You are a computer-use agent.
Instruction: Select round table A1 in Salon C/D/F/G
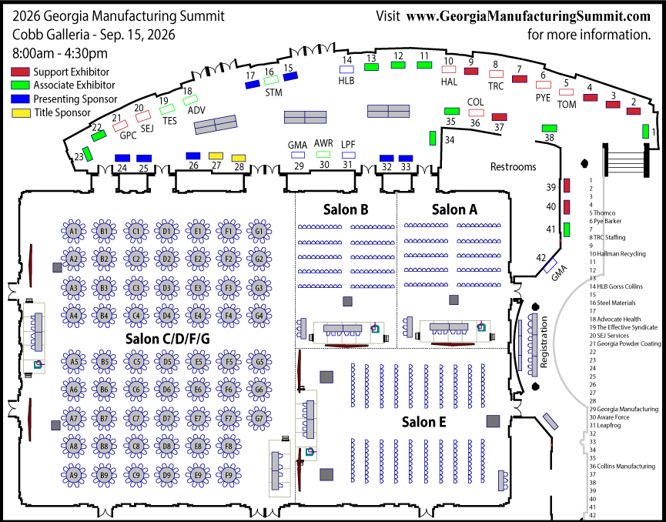click(74, 230)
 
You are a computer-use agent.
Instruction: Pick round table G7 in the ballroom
click(259, 419)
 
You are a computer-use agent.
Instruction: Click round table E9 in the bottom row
click(198, 475)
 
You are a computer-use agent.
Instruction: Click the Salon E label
click(424, 421)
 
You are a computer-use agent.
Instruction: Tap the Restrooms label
click(513, 166)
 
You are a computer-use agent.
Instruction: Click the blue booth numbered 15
click(289, 76)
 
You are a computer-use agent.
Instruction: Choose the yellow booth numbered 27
click(216, 156)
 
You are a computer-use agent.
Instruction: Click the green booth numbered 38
click(549, 128)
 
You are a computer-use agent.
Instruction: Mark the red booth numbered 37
click(500, 117)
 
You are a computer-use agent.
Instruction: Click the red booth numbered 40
click(567, 206)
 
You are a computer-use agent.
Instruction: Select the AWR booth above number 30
click(324, 155)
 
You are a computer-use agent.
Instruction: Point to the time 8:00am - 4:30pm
click(60, 53)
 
